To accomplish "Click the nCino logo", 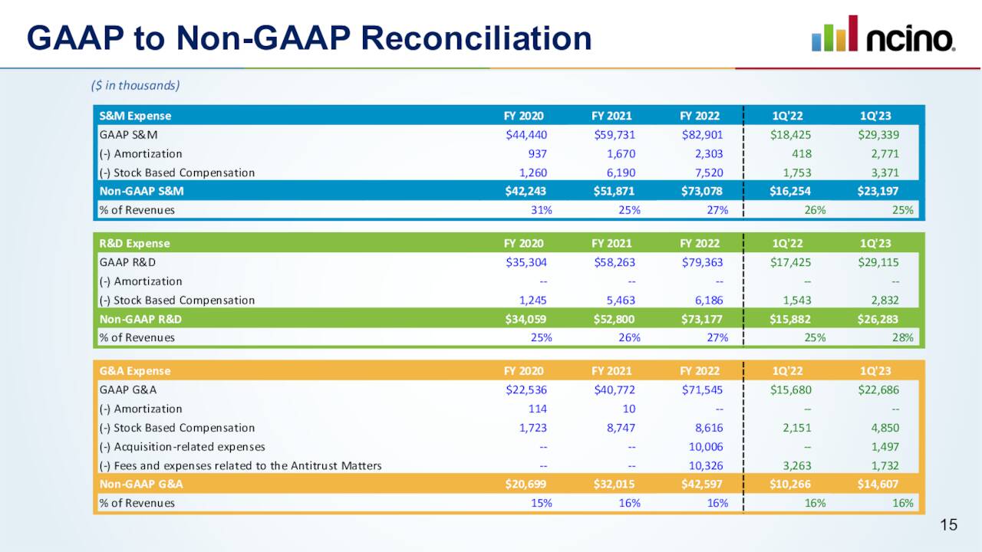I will pyautogui.click(x=883, y=34).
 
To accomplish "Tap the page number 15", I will pyautogui.click(x=949, y=525).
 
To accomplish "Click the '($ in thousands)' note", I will pyautogui.click(x=135, y=85).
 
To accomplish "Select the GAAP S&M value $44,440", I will pyautogui.click(x=526, y=135).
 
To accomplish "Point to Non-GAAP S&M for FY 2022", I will pyautogui.click(x=702, y=191).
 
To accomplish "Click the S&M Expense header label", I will pyautogui.click(x=135, y=117).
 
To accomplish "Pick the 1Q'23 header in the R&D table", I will pyautogui.click(x=875, y=244).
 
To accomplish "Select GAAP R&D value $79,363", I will pyautogui.click(x=702, y=262).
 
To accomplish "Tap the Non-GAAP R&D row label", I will pyautogui.click(x=140, y=319).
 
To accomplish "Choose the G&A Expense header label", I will pyautogui.click(x=135, y=371).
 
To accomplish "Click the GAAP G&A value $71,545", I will pyautogui.click(x=702, y=389).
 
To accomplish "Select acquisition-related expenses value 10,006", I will pyautogui.click(x=706, y=446).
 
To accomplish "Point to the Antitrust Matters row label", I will pyautogui.click(x=240, y=465).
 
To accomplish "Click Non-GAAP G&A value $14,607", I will pyautogui.click(x=878, y=485).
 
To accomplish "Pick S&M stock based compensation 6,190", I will pyautogui.click(x=620, y=172).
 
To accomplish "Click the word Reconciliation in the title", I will pyautogui.click(x=466, y=38).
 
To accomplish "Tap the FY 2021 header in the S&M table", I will pyautogui.click(x=611, y=117).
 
